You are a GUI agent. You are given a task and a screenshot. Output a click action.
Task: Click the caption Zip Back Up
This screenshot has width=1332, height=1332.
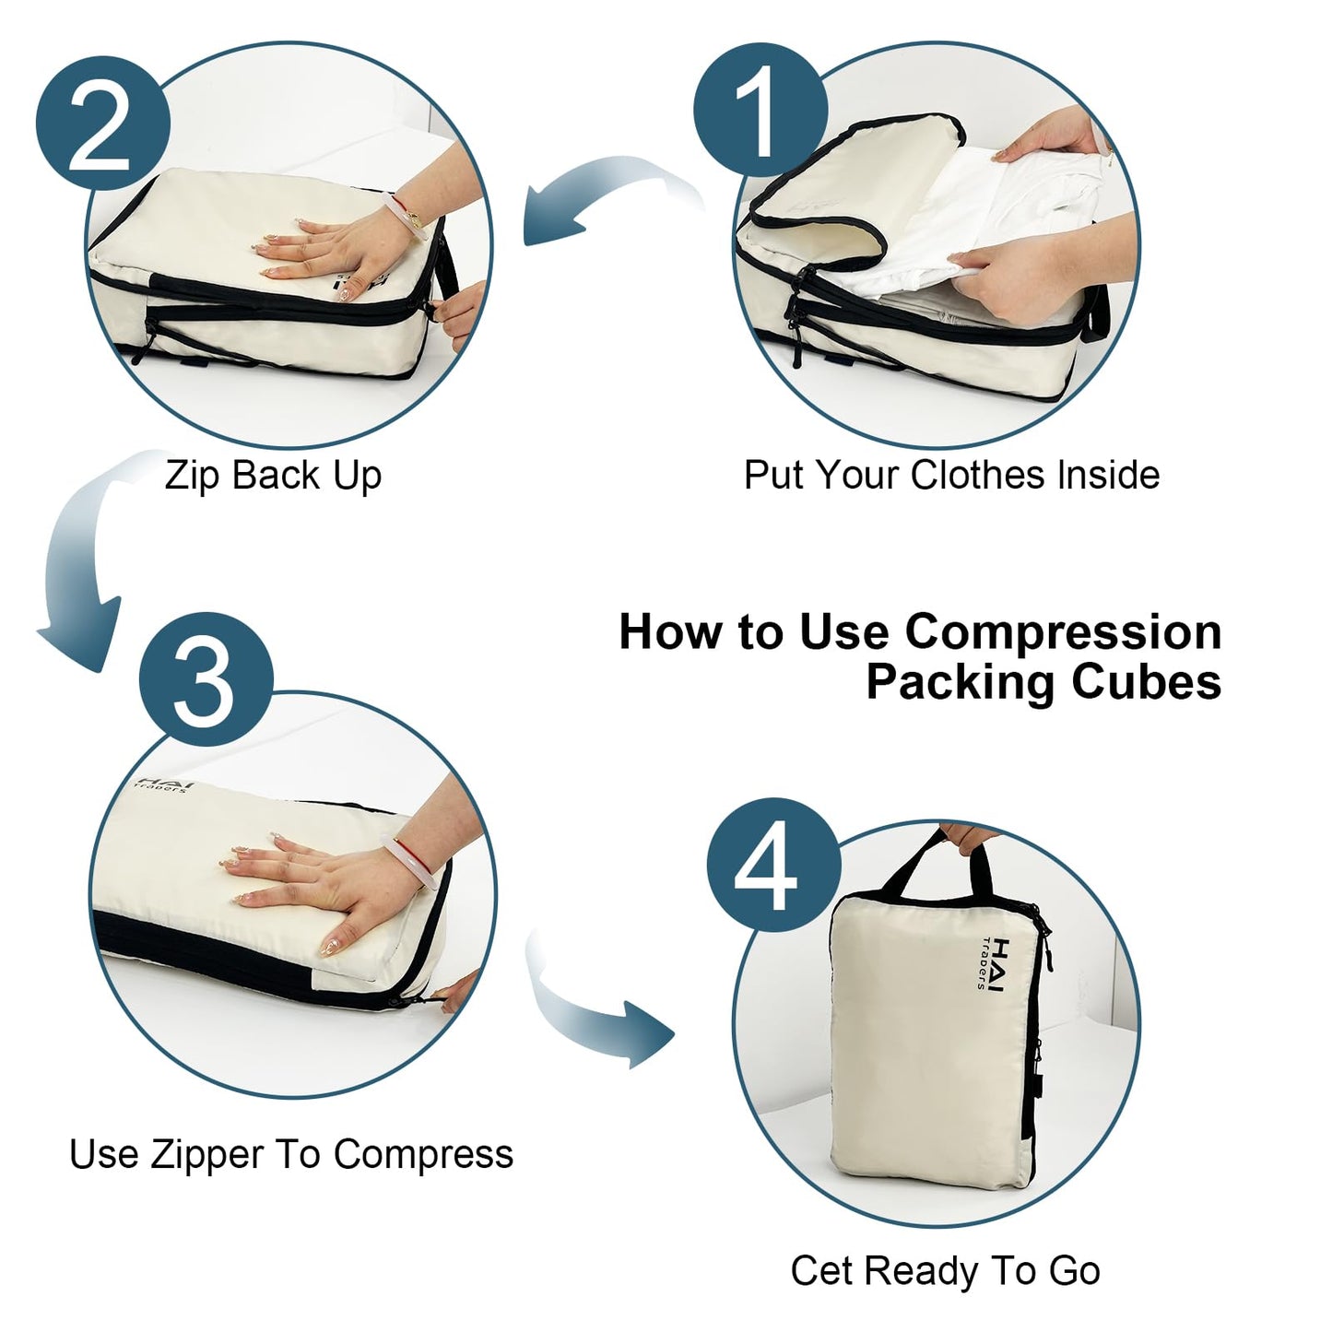pyautogui.click(x=273, y=477)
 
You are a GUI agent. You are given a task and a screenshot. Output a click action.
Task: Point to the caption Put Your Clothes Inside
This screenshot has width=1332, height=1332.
pyautogui.click(x=951, y=476)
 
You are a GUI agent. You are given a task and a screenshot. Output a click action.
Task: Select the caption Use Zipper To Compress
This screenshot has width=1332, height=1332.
pyautogui.click(x=291, y=1154)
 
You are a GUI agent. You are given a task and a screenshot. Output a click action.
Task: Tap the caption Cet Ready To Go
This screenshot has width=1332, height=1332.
pyautogui.click(x=945, y=1270)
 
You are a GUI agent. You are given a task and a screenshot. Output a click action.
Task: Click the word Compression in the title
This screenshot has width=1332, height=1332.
pyautogui.click(x=1063, y=632)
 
